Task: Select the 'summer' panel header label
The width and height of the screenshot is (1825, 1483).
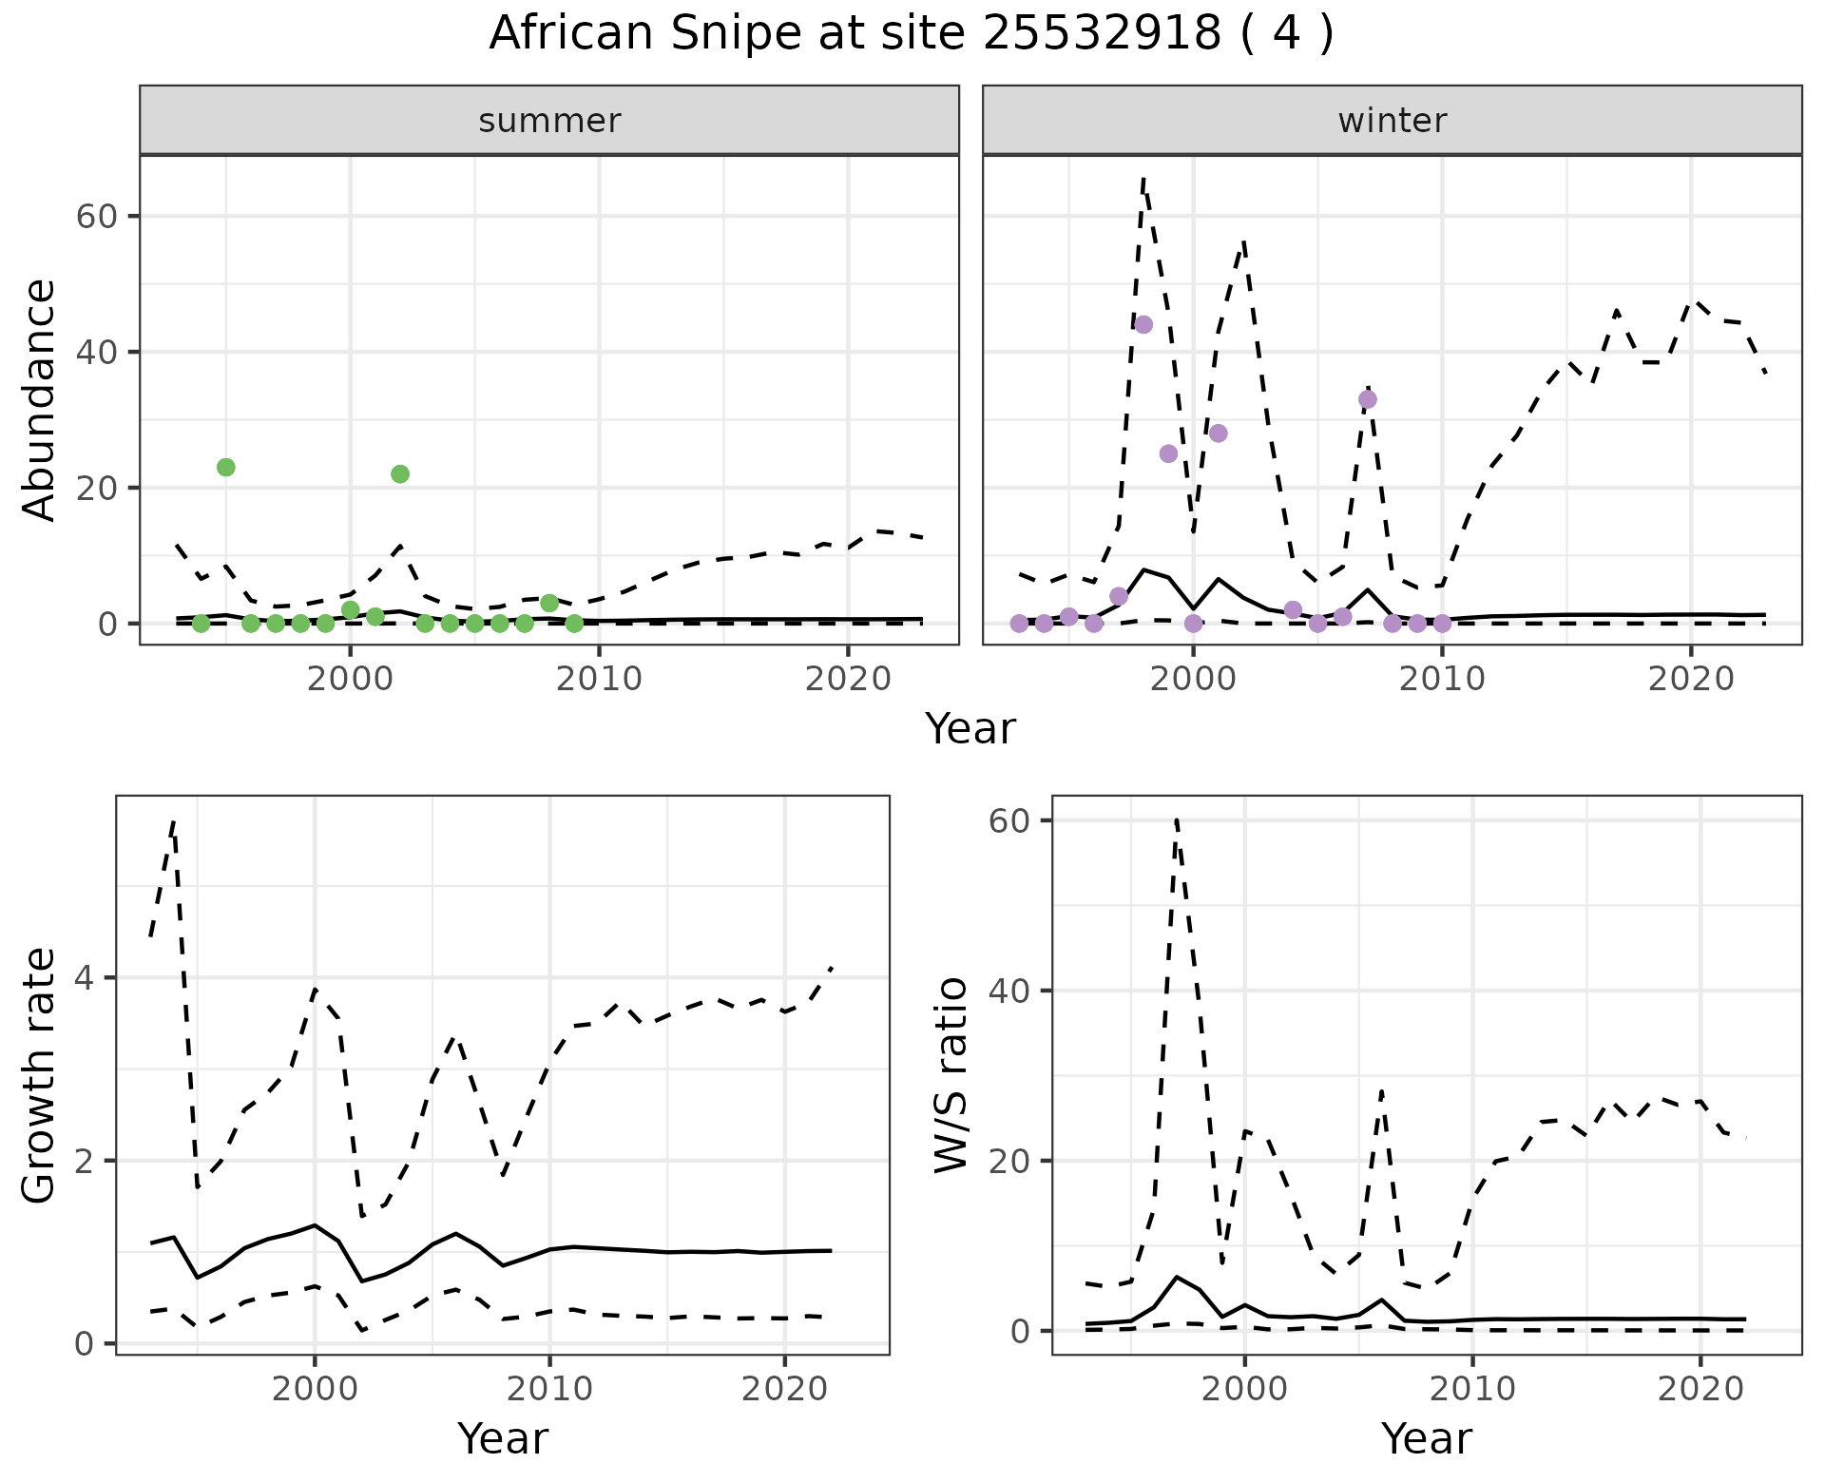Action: click(549, 121)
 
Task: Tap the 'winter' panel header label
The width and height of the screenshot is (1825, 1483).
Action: click(1392, 121)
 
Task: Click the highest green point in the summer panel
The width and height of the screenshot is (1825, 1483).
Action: click(226, 467)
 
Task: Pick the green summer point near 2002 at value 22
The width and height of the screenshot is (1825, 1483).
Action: click(400, 473)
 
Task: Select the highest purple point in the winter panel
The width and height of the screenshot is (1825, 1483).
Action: click(1143, 324)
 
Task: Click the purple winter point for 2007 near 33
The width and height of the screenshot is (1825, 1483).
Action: click(1368, 399)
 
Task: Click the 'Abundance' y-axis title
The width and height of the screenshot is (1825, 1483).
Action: click(40, 399)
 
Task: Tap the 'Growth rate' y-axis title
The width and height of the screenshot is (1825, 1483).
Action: click(40, 1076)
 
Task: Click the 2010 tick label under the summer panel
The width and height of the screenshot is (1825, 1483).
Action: click(599, 679)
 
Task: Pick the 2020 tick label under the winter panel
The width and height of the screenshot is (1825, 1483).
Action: click(1691, 679)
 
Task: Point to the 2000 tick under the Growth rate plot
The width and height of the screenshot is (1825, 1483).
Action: click(315, 1389)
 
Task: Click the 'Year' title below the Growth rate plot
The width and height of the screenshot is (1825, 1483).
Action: click(503, 1439)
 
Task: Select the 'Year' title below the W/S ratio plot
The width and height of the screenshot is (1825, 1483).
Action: click(1426, 1439)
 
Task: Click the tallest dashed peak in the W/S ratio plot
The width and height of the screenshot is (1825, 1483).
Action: click(1177, 819)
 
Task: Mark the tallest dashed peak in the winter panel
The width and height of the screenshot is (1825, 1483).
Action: click(1143, 178)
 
